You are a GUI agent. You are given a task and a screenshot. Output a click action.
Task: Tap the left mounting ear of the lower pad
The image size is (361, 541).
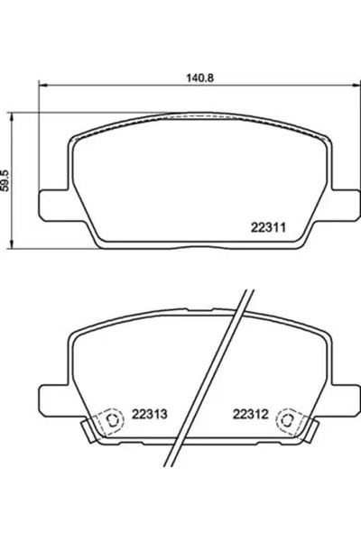coord(50,394)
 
